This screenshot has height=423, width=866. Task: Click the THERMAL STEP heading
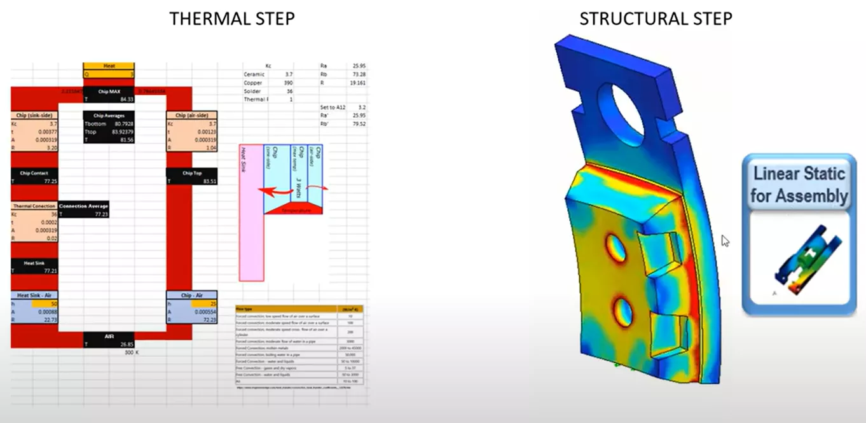point(231,18)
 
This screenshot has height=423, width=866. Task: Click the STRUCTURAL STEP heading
point(656,18)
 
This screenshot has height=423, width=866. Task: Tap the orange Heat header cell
point(109,66)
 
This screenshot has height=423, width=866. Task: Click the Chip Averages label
point(109,116)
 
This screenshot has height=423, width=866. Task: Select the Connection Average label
point(83,206)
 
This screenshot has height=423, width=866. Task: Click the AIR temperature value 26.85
point(124,344)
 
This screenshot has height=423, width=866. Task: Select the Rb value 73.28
point(359,74)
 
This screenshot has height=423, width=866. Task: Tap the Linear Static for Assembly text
point(799,184)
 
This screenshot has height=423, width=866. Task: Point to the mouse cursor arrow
point(725,240)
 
